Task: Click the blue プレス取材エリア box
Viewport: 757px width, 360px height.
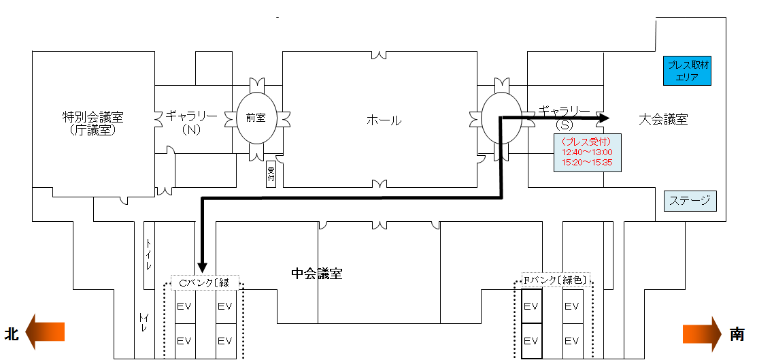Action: click(687, 71)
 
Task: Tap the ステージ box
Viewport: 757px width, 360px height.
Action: click(690, 201)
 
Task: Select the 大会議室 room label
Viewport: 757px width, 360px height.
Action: click(663, 119)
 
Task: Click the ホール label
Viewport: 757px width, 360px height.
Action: click(384, 120)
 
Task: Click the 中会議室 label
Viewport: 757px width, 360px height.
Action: click(317, 274)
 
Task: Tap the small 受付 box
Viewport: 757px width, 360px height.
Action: click(271, 174)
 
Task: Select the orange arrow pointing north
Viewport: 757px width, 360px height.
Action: click(45, 332)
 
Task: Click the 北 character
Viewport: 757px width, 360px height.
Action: click(12, 334)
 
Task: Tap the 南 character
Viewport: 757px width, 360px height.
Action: click(737, 334)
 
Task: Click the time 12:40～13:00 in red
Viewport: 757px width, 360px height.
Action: click(587, 152)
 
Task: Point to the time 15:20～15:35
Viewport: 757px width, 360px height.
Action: click(587, 163)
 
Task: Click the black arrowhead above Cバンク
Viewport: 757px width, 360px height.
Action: click(202, 267)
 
